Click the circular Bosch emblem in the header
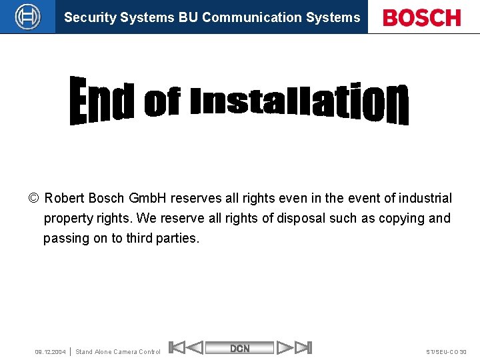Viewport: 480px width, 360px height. click(x=28, y=17)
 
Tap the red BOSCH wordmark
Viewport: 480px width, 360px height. click(x=422, y=17)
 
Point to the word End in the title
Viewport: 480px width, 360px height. click(x=102, y=101)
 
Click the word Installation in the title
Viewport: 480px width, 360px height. click(x=298, y=102)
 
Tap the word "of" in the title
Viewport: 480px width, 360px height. click(x=162, y=103)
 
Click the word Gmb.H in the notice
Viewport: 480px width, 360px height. click(x=148, y=198)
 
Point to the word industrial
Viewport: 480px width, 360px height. click(x=425, y=198)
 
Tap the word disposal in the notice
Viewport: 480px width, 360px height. click(x=298, y=218)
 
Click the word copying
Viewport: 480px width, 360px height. click(x=403, y=218)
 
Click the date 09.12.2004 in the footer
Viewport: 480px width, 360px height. click(x=50, y=352)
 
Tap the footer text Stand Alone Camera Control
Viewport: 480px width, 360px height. click(x=118, y=352)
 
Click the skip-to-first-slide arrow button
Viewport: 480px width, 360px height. click(x=176, y=347)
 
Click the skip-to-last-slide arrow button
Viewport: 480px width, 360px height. click(x=303, y=347)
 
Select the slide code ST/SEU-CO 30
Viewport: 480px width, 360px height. click(x=446, y=352)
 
